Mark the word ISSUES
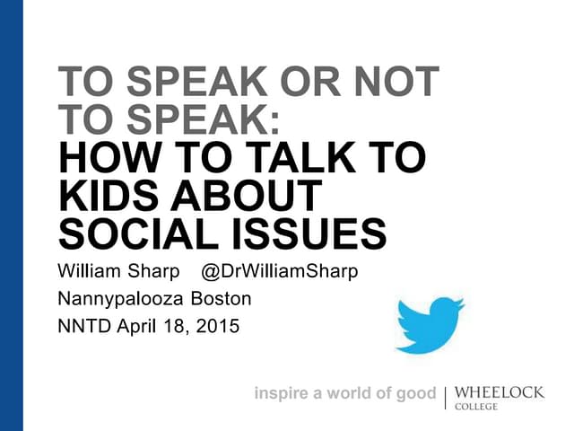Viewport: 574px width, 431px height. click(311, 233)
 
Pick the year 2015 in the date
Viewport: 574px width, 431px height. click(220, 326)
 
